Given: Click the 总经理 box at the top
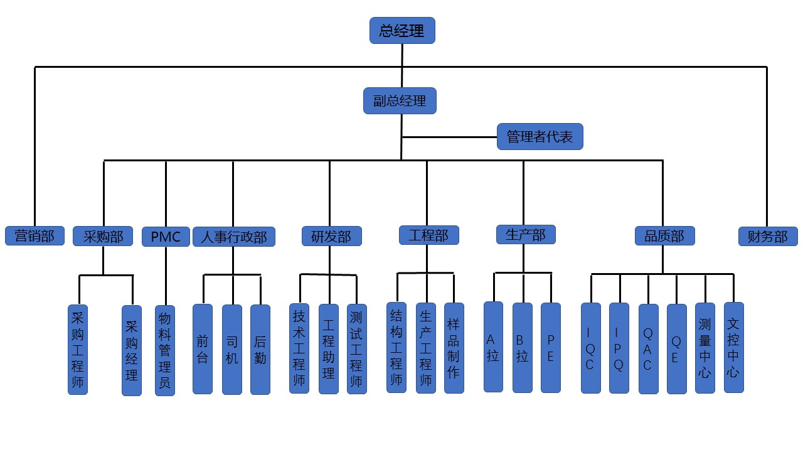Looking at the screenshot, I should [402, 30].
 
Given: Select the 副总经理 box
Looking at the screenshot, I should [400, 100].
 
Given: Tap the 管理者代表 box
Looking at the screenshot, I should [540, 136].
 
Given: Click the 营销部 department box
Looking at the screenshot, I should [35, 235].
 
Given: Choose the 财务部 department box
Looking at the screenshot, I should [767, 236].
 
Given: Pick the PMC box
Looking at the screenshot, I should [166, 237].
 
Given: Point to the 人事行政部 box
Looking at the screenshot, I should [233, 237].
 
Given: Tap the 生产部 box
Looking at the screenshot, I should [526, 234].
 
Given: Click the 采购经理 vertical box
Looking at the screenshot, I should [132, 350].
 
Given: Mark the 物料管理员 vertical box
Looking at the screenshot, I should [164, 350].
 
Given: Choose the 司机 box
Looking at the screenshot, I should [232, 349].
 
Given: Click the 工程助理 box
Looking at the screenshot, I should [328, 349].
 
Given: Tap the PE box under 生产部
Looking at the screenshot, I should [550, 347].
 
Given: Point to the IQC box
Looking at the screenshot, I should [590, 348].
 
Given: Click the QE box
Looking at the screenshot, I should [676, 348].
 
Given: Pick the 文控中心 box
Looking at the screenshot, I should [733, 347].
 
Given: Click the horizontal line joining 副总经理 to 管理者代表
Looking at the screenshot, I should [449, 136].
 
